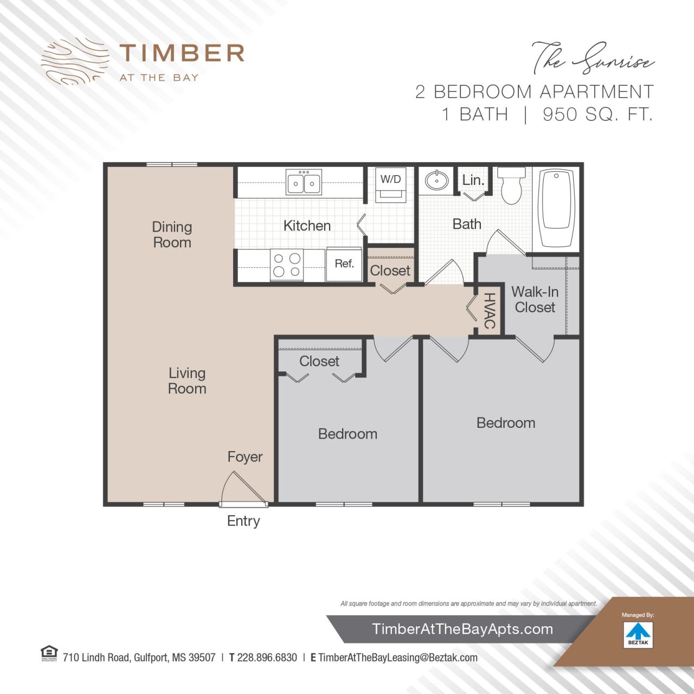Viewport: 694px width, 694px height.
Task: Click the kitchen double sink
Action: (304, 183)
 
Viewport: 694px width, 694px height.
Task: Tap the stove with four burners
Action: (287, 265)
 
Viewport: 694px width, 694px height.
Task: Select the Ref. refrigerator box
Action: (344, 265)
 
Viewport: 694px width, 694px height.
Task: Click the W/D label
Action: (390, 179)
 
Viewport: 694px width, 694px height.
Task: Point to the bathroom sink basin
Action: (436, 179)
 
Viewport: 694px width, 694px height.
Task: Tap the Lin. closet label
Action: (473, 180)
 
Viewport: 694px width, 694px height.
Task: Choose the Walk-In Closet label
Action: (535, 300)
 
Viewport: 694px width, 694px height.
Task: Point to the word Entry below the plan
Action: (243, 521)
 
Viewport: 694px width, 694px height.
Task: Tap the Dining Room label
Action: (172, 235)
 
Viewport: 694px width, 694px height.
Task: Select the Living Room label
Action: (187, 381)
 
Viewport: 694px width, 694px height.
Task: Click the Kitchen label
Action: (307, 226)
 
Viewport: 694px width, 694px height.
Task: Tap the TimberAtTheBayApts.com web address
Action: (462, 629)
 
